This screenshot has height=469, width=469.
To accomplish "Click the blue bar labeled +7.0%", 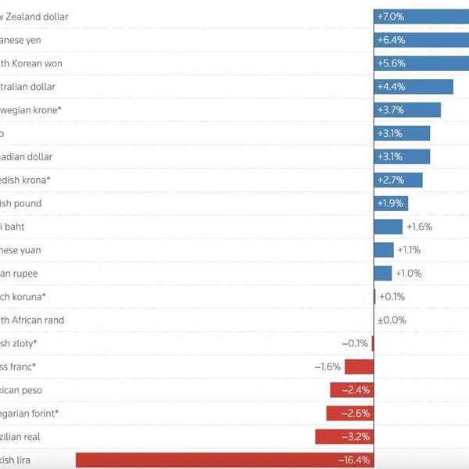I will [x=421, y=16].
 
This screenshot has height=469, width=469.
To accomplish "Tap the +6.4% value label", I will [x=391, y=40].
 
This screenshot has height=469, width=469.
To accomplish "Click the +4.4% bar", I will [x=414, y=87].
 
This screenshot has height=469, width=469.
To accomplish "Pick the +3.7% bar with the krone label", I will [x=407, y=110].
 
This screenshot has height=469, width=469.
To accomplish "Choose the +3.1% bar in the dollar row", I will [x=402, y=157].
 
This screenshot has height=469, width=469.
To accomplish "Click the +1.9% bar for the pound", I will [x=391, y=204].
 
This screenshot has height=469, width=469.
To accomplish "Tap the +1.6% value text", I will [x=419, y=227].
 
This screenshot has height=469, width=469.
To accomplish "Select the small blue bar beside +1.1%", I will [x=384, y=250].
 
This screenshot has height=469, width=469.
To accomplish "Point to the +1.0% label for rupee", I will [x=409, y=274].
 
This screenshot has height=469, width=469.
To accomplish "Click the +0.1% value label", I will [x=392, y=297].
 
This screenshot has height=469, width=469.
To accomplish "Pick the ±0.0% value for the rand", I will [x=392, y=320].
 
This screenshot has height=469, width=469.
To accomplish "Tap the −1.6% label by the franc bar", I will [x=328, y=367].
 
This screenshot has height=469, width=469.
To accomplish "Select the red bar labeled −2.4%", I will [x=352, y=390].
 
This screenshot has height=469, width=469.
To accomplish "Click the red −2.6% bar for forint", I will [x=349, y=414].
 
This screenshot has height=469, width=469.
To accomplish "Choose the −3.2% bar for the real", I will [x=344, y=437].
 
